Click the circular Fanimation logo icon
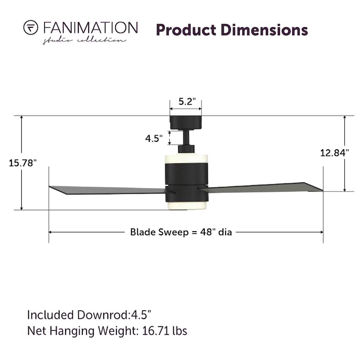[30, 28]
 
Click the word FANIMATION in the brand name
[91, 28]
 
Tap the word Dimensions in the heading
[264, 30]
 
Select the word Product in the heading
[186, 30]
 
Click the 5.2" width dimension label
[187, 101]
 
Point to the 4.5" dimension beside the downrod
[154, 139]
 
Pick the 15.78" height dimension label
[22, 163]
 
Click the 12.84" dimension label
[334, 153]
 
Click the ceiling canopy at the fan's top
[186, 122]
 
